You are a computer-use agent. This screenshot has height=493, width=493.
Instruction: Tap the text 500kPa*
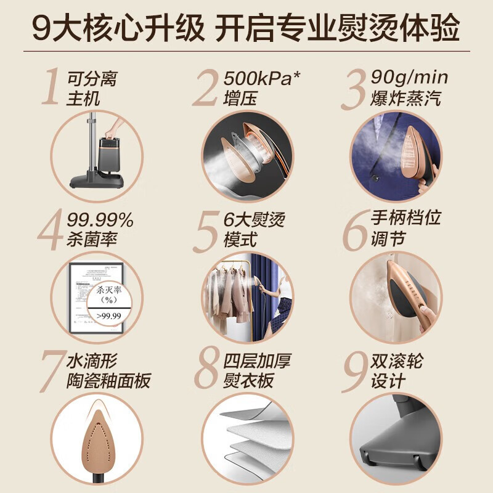coord(267,79)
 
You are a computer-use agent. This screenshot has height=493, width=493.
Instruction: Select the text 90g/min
coord(409,78)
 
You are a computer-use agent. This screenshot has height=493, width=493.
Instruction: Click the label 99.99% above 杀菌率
coord(99,220)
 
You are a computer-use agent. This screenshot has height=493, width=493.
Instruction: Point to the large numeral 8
coord(207,371)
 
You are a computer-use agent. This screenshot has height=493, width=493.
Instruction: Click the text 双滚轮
coord(397,361)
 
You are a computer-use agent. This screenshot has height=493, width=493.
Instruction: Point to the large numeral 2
coord(206,89)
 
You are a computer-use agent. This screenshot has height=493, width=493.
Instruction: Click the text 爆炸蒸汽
coord(405,99)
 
